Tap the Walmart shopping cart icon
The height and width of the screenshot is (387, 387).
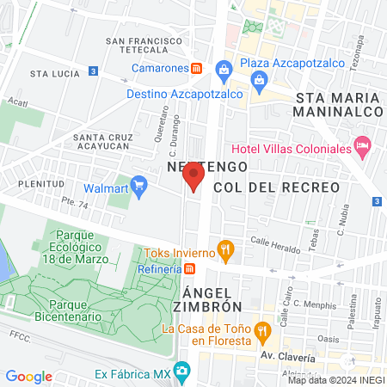(x=140, y=185)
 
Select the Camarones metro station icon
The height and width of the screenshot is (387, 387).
(x=197, y=68)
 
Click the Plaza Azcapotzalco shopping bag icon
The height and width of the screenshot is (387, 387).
(x=224, y=68)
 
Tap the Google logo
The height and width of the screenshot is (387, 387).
(x=28, y=376)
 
